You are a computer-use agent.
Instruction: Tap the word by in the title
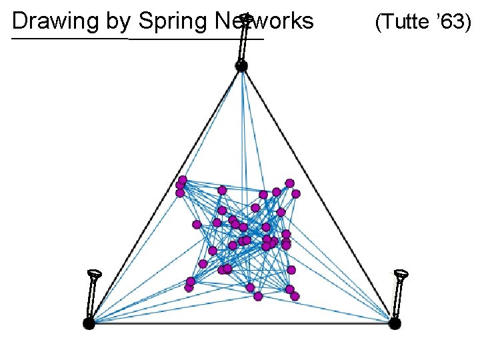118,22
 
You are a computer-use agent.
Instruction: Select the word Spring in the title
173,22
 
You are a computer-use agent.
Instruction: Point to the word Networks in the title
265,22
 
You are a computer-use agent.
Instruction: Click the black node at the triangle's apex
241,65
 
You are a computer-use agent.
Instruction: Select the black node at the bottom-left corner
89,323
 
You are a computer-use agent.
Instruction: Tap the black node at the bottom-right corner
394,323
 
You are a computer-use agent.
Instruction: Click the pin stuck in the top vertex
244,37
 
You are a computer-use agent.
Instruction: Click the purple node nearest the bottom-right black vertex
295,295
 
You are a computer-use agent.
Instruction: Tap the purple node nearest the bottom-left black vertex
189,288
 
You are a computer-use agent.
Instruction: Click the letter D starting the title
19,22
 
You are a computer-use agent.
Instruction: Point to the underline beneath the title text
133,39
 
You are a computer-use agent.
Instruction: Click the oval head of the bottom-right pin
401,273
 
